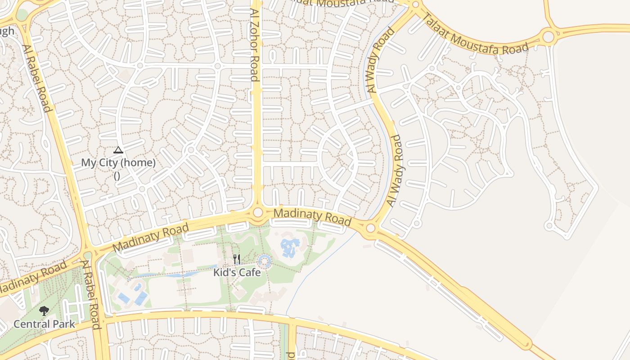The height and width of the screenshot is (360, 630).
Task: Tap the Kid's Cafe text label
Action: click(237, 273)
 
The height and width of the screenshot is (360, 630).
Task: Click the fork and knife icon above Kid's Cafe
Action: click(237, 259)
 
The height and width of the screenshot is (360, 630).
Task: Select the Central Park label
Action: click(44, 324)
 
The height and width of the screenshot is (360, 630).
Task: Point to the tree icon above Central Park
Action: click(44, 310)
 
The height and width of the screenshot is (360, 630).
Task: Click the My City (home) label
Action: click(118, 163)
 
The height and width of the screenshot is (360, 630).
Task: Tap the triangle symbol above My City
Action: click(118, 150)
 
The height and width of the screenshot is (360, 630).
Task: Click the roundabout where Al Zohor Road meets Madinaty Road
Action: click(258, 212)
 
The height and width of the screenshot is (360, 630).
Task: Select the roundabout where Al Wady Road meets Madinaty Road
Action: click(370, 228)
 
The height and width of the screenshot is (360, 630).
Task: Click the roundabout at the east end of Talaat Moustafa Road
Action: click(548, 36)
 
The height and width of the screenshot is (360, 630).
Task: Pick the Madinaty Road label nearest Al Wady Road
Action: click(312, 216)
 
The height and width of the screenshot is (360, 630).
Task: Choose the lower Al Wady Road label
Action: click(395, 171)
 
